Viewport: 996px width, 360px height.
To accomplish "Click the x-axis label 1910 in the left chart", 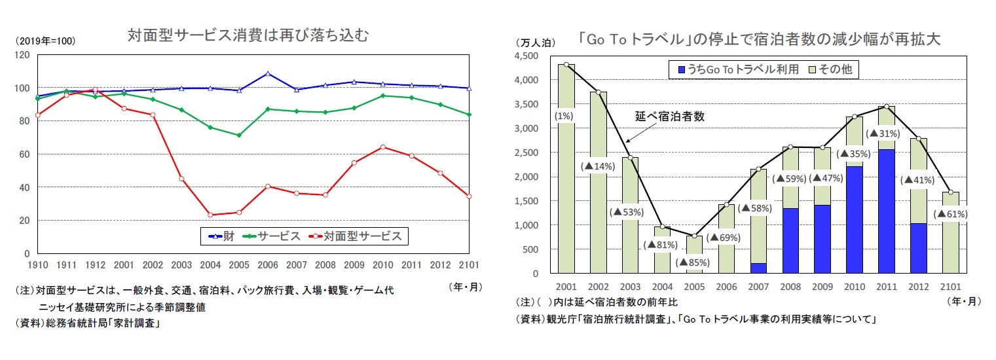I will [39, 266].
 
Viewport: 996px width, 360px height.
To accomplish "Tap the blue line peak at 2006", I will [268, 73].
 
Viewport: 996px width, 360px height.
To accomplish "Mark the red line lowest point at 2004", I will [210, 215].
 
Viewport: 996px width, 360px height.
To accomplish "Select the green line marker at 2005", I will [239, 135].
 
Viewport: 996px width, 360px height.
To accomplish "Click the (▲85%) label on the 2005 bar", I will [694, 262].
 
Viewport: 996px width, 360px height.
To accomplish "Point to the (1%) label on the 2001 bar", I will [564, 117].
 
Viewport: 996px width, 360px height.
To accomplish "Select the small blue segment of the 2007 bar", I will [758, 268].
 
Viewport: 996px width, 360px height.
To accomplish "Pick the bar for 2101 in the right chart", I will [950, 232].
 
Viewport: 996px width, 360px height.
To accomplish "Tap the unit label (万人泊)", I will [536, 43].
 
